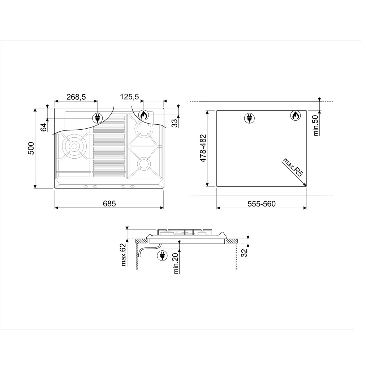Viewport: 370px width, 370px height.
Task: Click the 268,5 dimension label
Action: (76, 97)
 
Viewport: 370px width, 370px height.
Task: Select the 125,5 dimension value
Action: (129, 97)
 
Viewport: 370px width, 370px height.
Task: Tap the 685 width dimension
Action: (109, 203)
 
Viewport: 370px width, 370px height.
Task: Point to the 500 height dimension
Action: (31, 148)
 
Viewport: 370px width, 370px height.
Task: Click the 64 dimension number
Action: (44, 127)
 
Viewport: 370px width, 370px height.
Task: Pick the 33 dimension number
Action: (175, 123)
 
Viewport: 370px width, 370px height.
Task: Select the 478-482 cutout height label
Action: (203, 148)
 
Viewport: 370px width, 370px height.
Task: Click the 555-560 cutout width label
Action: (262, 204)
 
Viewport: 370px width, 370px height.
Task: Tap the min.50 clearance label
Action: (316, 125)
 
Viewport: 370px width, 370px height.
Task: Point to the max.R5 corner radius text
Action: (293, 168)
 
